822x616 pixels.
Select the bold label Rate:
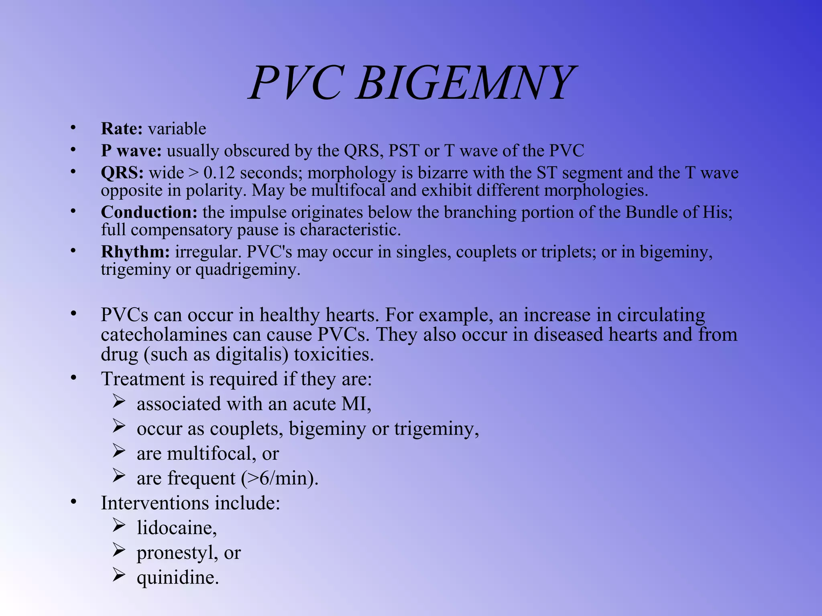click(x=122, y=129)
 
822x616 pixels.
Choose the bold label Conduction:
click(x=149, y=212)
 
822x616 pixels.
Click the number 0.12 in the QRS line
click(x=219, y=173)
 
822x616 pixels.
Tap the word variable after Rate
click(x=177, y=129)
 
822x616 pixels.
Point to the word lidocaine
click(x=175, y=528)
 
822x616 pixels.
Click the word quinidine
click(x=177, y=578)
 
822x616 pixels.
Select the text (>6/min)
click(x=279, y=478)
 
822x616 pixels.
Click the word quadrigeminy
click(x=247, y=269)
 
